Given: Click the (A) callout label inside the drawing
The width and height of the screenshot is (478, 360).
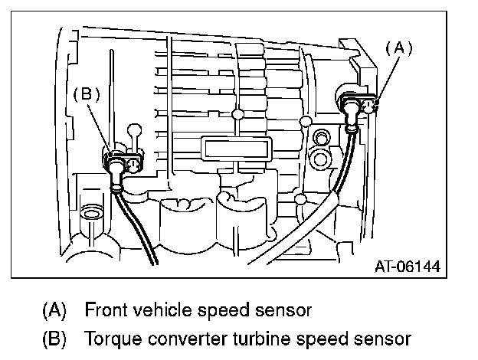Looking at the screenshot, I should (398, 47).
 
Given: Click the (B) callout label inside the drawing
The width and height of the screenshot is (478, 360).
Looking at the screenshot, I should (87, 94).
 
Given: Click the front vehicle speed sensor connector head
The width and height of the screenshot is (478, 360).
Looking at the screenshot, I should (359, 103).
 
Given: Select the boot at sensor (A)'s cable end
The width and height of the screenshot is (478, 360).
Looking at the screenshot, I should (352, 123).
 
